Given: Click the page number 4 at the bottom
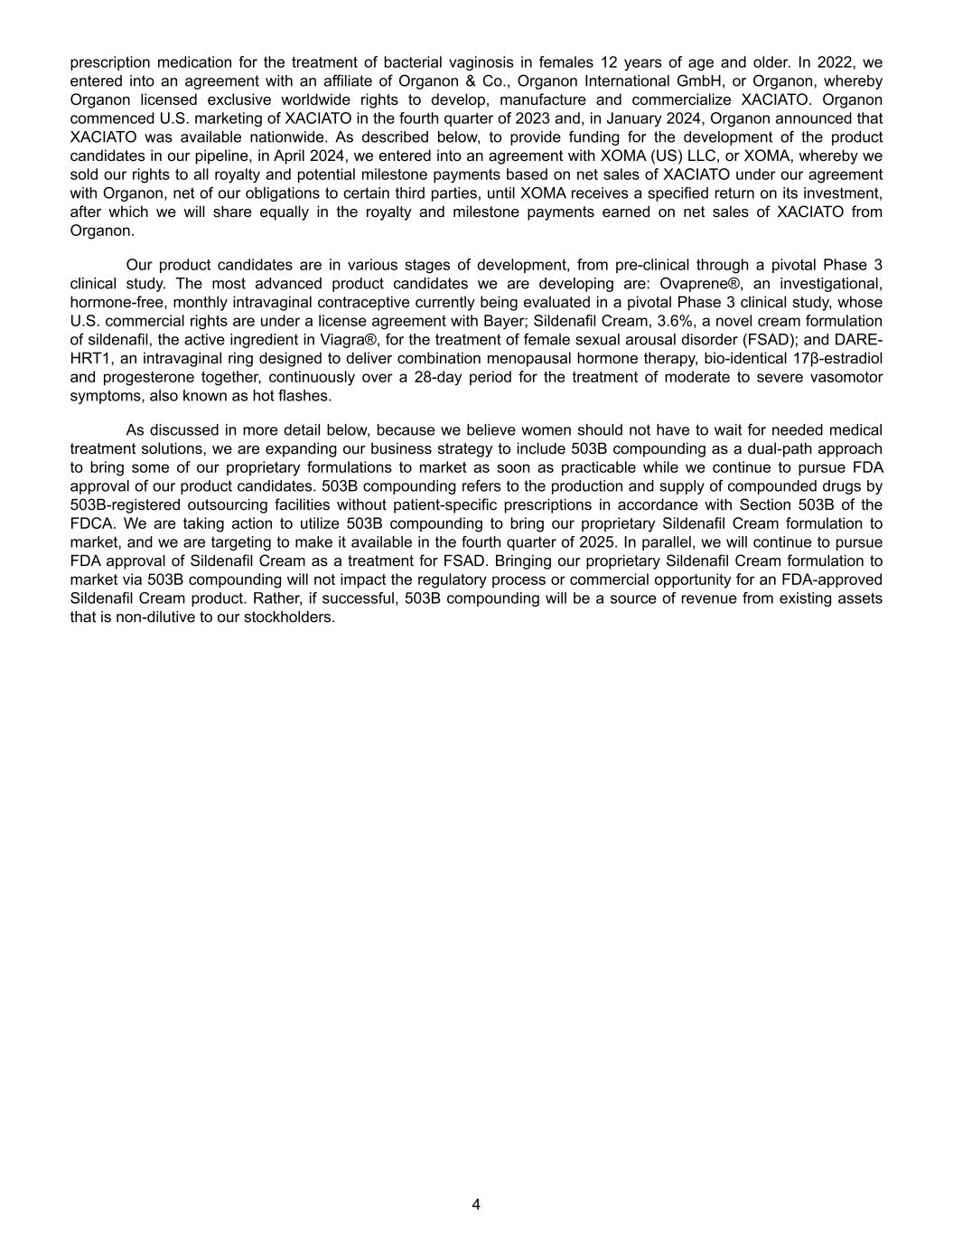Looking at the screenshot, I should [x=476, y=1204].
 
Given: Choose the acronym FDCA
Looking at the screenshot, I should [x=89, y=523].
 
